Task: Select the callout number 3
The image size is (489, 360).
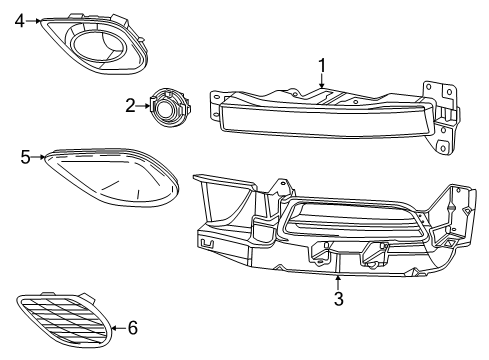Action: [x=338, y=298]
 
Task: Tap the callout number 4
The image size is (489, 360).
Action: [x=19, y=19]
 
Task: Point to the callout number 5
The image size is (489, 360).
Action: [x=27, y=156]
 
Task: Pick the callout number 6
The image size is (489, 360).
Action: [x=133, y=327]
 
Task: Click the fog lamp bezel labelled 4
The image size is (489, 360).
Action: [x=90, y=40]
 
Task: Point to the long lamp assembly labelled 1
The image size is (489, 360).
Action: [x=320, y=118]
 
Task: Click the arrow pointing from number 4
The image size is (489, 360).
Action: [x=34, y=19]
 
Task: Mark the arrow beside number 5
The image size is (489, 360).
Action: [x=40, y=157]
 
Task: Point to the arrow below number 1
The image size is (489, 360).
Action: [x=323, y=82]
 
